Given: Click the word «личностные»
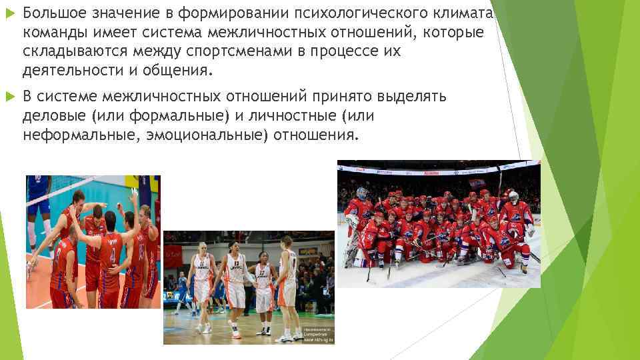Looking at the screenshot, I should [291, 116].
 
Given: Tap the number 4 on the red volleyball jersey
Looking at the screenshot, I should [112, 256].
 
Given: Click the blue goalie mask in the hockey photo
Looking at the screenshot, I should [361, 194].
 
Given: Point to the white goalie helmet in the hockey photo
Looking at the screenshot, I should [513, 197].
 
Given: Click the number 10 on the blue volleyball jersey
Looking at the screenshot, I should [39, 181].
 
